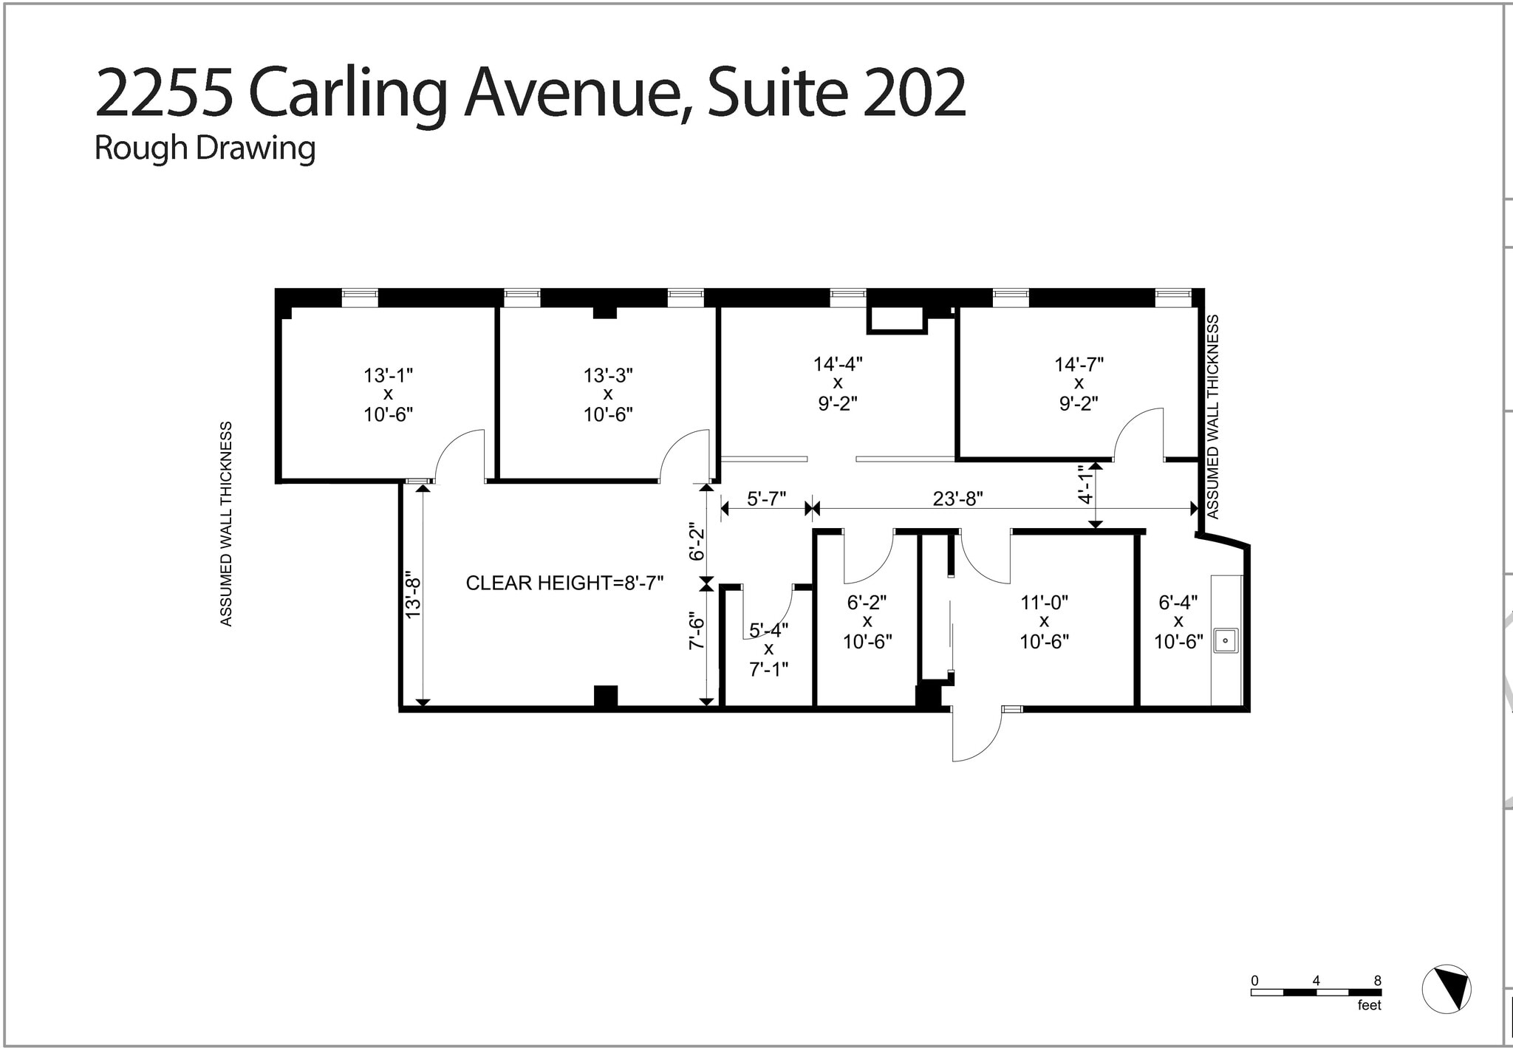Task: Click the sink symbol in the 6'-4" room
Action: click(x=1226, y=640)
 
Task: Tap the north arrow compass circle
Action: click(x=1447, y=989)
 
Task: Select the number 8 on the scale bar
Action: click(x=1377, y=981)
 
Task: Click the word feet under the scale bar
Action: click(x=1369, y=1005)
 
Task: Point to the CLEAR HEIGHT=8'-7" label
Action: click(x=564, y=583)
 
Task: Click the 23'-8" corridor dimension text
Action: click(x=957, y=499)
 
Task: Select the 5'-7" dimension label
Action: click(x=766, y=499)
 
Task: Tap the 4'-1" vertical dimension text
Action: click(x=1085, y=484)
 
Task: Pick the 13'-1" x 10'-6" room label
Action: click(x=388, y=394)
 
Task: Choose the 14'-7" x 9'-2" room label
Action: click(x=1079, y=383)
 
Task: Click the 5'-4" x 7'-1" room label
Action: click(x=768, y=649)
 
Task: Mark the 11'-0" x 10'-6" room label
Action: click(x=1044, y=622)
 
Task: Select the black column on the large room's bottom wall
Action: click(x=606, y=697)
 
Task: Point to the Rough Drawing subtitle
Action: click(x=205, y=148)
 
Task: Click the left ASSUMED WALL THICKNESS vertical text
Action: click(x=226, y=524)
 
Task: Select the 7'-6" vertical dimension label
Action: click(x=696, y=631)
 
